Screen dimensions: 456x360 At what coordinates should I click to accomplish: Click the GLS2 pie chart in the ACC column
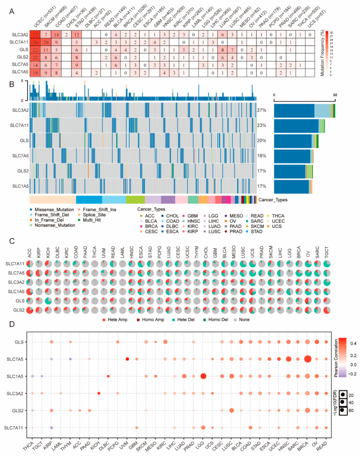coord(31,309)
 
